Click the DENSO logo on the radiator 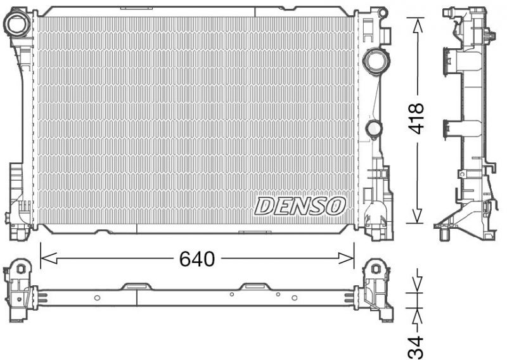click(x=300, y=205)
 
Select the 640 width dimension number click(x=196, y=259)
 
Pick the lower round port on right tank click(x=374, y=129)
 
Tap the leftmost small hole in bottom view click(x=97, y=297)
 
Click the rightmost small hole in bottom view click(x=294, y=297)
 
